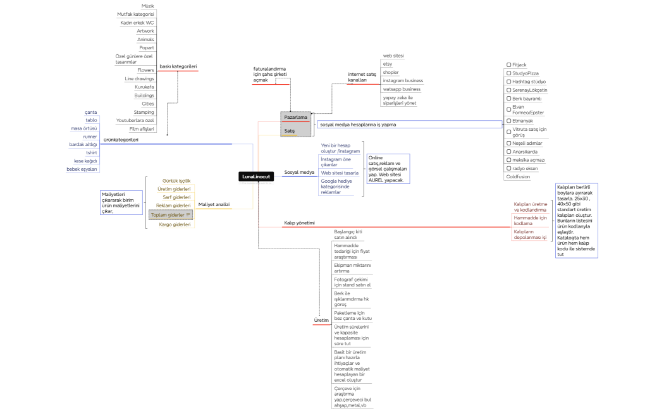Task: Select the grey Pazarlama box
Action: tap(296, 118)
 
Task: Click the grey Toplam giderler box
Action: tap(170, 215)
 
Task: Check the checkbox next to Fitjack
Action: tap(508, 64)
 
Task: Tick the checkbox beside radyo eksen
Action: tap(508, 169)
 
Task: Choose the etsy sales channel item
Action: tap(388, 64)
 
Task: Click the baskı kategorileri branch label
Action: tap(178, 66)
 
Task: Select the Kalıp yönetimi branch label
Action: tap(299, 223)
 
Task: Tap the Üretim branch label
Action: tap(322, 321)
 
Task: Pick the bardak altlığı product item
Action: tap(83, 145)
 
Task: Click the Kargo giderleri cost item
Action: tap(175, 224)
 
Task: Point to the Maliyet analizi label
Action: tap(214, 205)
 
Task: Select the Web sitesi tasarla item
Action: tap(340, 173)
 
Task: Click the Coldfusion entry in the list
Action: tap(518, 177)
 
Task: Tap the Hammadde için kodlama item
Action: tap(530, 220)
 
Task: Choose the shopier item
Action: tap(391, 73)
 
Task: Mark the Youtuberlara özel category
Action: tap(135, 120)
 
